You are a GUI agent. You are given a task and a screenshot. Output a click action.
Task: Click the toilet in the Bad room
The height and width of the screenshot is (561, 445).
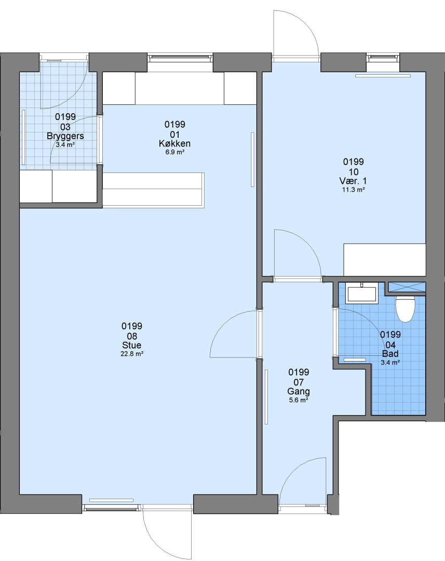click(x=404, y=309)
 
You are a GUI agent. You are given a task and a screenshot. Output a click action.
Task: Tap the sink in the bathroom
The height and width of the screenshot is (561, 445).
click(x=362, y=292)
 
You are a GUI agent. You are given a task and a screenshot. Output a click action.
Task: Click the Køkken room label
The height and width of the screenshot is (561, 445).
click(x=174, y=143)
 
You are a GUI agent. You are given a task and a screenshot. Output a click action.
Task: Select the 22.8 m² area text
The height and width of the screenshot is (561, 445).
click(x=132, y=354)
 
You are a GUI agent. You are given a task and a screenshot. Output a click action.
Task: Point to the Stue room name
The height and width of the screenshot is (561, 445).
click(x=132, y=345)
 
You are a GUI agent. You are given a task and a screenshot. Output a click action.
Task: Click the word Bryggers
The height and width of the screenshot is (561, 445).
click(x=65, y=136)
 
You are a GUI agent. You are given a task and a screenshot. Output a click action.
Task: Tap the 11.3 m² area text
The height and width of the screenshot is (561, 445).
click(x=354, y=190)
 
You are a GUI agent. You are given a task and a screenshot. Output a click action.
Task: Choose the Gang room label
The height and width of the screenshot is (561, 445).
click(x=299, y=392)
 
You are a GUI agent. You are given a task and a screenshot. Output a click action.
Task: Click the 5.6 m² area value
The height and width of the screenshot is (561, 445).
click(x=299, y=400)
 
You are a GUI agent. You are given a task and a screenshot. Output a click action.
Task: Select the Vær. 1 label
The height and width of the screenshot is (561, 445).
click(x=353, y=181)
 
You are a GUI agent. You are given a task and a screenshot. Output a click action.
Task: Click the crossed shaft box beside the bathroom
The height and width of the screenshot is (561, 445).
click(x=407, y=287)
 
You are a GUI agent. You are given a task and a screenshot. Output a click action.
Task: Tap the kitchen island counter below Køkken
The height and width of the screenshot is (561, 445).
click(x=153, y=190)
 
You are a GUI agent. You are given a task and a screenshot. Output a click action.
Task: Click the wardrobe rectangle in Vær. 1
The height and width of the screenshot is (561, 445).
click(x=385, y=260)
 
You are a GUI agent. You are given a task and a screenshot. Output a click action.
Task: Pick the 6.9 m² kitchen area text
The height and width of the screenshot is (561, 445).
click(x=174, y=152)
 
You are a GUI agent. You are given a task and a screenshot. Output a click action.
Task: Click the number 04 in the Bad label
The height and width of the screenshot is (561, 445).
click(x=390, y=345)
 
